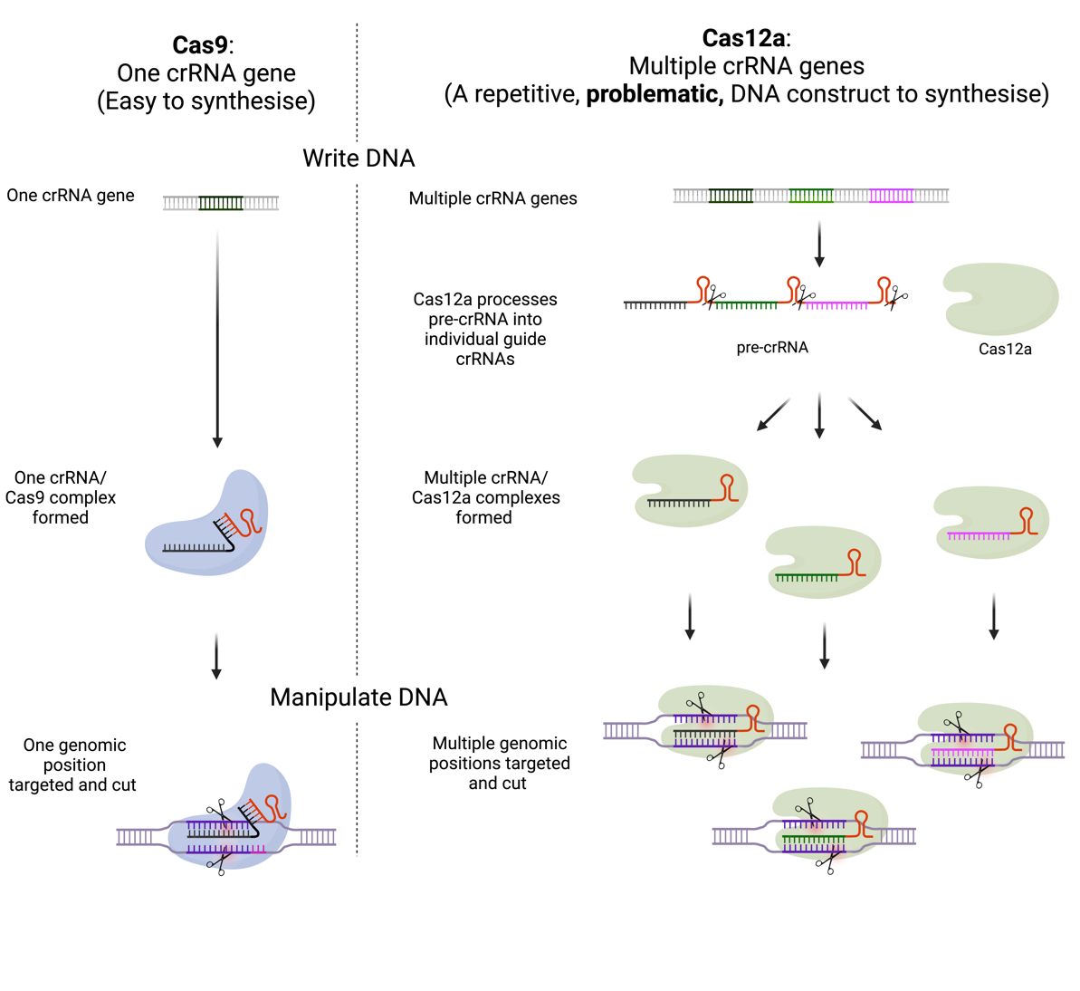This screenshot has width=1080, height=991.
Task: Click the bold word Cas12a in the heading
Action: tap(743, 38)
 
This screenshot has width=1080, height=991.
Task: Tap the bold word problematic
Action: tap(654, 94)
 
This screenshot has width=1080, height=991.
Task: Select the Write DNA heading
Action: tap(358, 159)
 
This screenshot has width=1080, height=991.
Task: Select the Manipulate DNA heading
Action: tap(358, 698)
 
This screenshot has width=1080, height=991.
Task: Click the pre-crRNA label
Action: tap(771, 348)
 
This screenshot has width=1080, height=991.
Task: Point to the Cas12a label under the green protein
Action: tap(1005, 350)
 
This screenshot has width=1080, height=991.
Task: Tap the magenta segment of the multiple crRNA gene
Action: tap(891, 196)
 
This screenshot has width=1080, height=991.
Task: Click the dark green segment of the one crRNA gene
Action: tap(221, 203)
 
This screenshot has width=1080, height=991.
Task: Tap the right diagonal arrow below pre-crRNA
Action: tap(865, 413)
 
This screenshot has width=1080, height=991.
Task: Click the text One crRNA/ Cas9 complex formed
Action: tap(61, 497)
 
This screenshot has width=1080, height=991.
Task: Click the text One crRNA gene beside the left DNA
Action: tap(71, 196)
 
